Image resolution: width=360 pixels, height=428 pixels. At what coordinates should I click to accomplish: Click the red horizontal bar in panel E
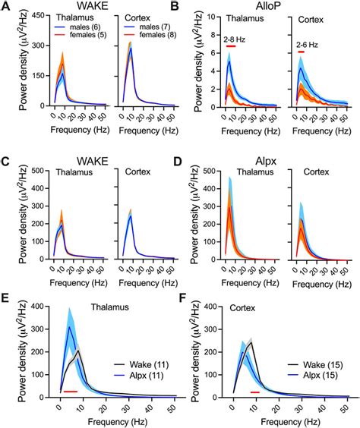point(71,392)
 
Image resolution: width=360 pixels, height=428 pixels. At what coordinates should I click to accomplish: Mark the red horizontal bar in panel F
point(254,392)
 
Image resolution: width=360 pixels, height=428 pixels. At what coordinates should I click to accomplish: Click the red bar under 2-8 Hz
point(232,46)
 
